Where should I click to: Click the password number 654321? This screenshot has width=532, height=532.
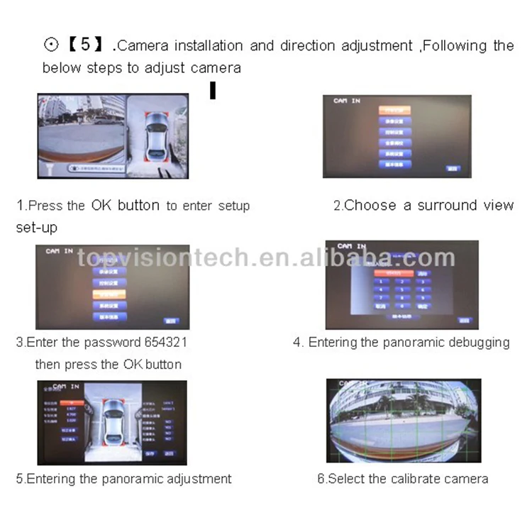tap(165, 342)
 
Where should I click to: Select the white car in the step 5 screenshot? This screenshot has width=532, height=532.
tap(113, 423)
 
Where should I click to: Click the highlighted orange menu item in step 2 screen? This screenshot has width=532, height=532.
tap(394, 111)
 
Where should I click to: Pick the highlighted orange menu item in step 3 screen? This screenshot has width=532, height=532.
tap(109, 293)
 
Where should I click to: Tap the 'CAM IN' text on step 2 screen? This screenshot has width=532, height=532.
tap(347, 101)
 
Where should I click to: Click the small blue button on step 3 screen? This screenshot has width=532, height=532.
tap(170, 321)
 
